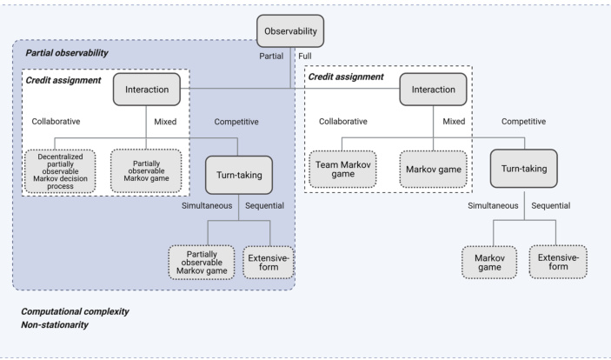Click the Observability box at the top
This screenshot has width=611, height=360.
tap(290, 31)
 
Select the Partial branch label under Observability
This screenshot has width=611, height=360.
tap(271, 57)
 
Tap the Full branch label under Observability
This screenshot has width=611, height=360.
tap(305, 57)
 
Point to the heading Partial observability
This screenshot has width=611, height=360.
tap(67, 53)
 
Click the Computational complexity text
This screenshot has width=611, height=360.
tap(75, 311)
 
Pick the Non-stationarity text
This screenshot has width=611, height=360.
tap(55, 325)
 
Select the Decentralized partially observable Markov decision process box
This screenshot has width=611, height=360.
tap(60, 171)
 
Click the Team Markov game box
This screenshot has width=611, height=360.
tap(343, 170)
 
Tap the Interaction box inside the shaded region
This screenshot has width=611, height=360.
tap(147, 90)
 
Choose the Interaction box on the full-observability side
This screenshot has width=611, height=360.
tap(434, 90)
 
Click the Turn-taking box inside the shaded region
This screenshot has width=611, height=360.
tap(239, 175)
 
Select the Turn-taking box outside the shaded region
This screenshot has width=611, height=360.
tap(524, 169)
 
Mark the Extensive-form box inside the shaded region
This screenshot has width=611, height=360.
tap(269, 262)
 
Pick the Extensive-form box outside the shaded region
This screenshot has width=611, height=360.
tap(558, 262)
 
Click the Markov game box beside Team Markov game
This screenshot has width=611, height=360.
tap(434, 170)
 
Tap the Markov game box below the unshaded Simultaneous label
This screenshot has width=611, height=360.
tap(489, 262)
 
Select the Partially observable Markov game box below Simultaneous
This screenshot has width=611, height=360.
tap(202, 262)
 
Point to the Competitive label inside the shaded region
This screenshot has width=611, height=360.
tap(236, 122)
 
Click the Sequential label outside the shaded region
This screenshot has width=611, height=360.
tap(551, 205)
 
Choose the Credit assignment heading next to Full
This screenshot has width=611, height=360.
tap(346, 77)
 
